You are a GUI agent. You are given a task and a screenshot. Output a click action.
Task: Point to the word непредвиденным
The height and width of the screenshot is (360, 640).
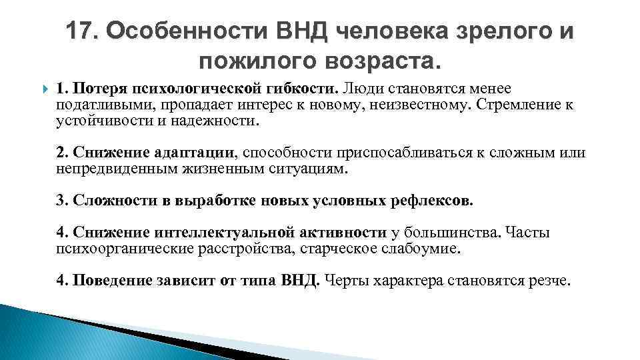pos(108,169)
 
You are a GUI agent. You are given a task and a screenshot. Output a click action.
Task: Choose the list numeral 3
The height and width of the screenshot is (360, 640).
pos(60,200)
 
